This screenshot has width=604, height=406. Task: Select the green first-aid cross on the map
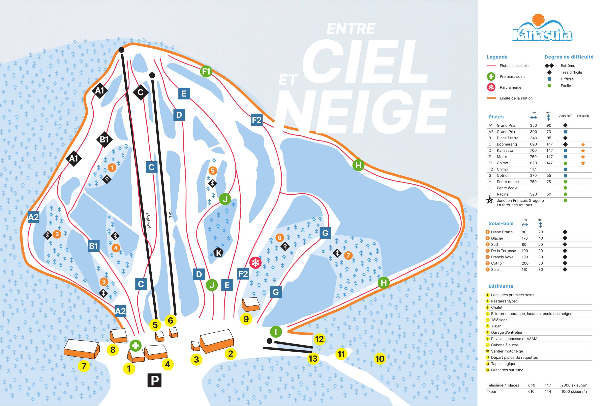[135, 346]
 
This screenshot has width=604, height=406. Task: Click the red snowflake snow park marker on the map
[255, 262]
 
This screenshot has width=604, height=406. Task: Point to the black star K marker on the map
[218, 252]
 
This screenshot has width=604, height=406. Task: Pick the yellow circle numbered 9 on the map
[246, 319]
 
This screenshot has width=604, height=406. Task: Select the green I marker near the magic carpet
[276, 331]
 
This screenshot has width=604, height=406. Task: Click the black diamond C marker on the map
[141, 92]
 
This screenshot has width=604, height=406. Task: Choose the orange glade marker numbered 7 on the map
[348, 255]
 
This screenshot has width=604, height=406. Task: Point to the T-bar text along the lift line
[170, 213]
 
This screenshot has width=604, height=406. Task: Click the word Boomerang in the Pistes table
[507, 144]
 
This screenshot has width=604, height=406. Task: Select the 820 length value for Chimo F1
[533, 163]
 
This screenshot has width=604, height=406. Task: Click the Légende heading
[497, 57]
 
